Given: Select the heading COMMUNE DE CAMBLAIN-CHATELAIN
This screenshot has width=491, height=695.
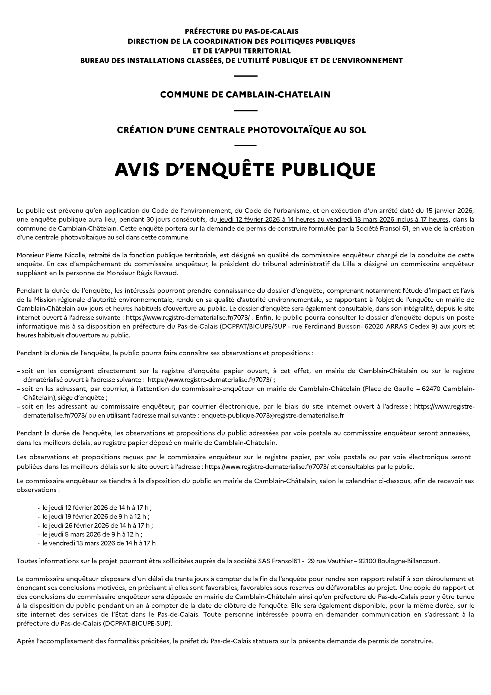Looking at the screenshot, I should [245, 95].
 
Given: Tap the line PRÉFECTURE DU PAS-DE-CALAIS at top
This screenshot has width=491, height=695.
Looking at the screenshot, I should [241, 31].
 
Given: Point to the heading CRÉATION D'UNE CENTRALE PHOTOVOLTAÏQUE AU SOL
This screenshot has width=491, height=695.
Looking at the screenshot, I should [241, 130].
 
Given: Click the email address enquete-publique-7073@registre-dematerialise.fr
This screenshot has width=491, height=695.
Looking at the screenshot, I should [272, 415].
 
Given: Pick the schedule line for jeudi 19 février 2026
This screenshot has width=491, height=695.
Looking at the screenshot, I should [95, 516].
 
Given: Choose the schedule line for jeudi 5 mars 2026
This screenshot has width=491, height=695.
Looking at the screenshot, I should [92, 534].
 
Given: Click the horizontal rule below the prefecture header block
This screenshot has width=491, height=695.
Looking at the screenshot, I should [245, 76].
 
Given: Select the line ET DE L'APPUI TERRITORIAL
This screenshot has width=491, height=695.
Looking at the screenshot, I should [241, 50].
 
